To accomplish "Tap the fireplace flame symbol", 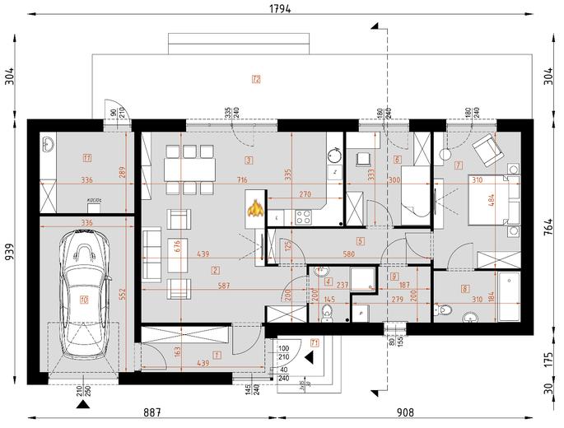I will click(x=257, y=208).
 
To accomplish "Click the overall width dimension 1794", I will click(x=281, y=9).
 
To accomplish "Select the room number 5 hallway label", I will click(x=360, y=241).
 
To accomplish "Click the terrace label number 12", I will click(x=256, y=79).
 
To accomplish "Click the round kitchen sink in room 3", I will click(x=334, y=154).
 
